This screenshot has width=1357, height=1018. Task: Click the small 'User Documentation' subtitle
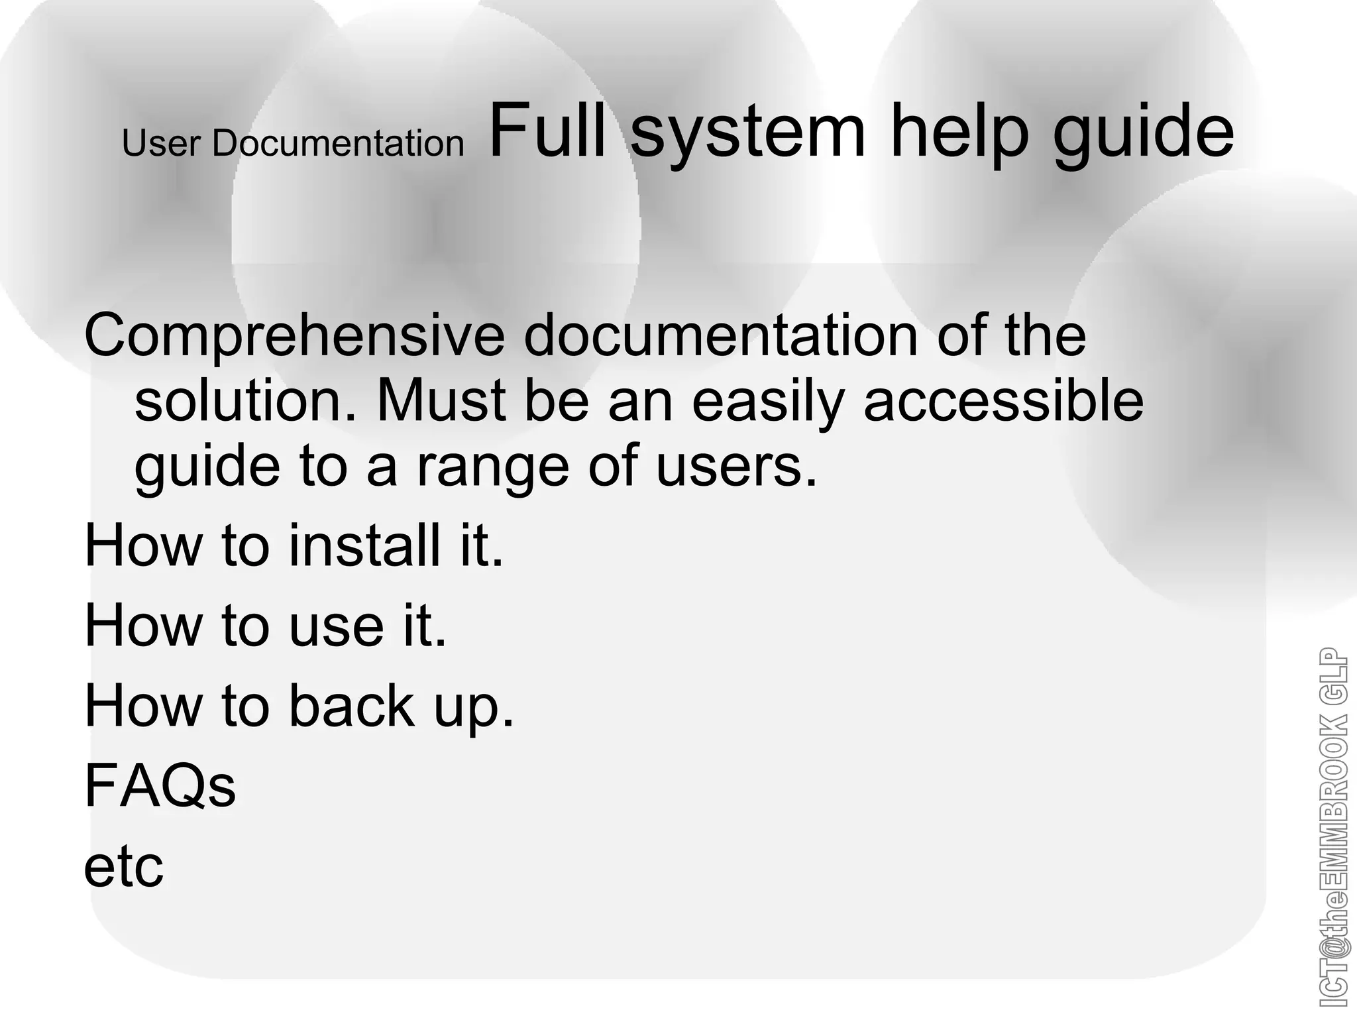pos(293,143)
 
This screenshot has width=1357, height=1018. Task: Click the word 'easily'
pos(768,403)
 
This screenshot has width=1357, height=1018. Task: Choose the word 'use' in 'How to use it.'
pos(337,627)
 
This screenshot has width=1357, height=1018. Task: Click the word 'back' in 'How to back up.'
pos(352,705)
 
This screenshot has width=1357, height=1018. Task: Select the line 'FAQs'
pos(160,786)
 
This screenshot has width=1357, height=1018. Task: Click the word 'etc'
pos(124,867)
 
